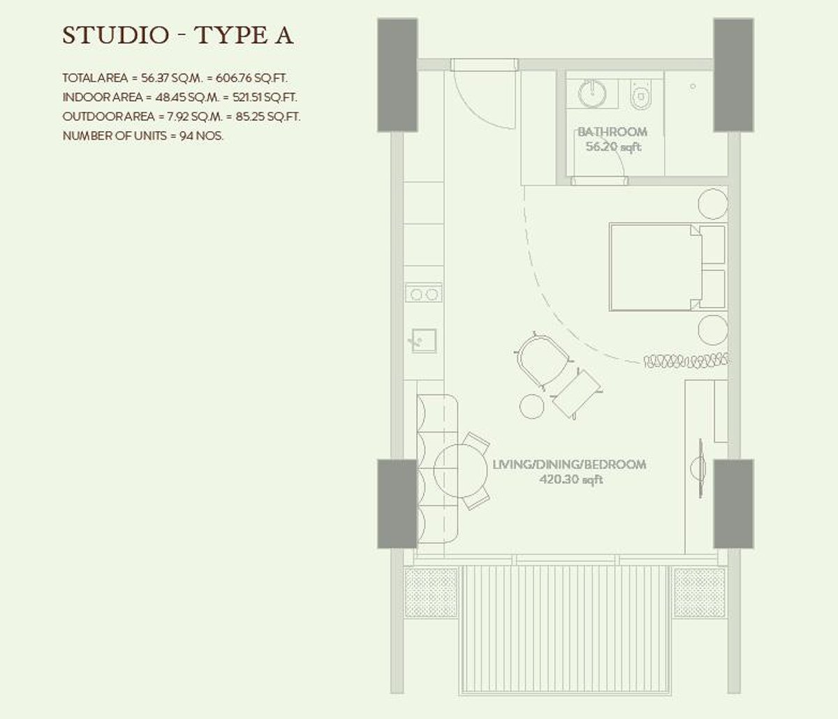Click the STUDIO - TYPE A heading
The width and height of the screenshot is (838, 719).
pyautogui.click(x=177, y=36)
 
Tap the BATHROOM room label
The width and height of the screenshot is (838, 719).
pyautogui.click(x=612, y=131)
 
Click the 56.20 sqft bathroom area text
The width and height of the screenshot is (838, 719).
pyautogui.click(x=614, y=147)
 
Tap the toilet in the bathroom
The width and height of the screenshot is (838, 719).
pyautogui.click(x=640, y=96)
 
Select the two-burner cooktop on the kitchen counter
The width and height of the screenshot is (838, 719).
pyautogui.click(x=423, y=294)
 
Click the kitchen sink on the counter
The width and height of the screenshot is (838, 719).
pyautogui.click(x=422, y=341)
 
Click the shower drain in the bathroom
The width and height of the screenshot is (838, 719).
pyautogui.click(x=693, y=87)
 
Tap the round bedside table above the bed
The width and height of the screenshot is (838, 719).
pyautogui.click(x=713, y=203)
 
